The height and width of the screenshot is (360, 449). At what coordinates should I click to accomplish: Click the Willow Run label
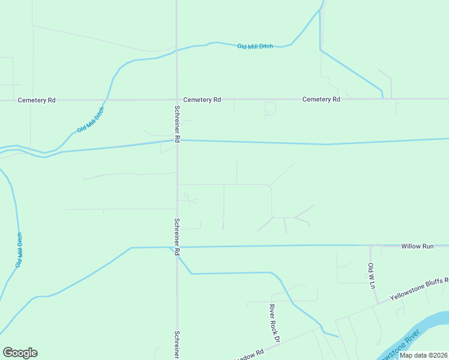pyautogui.click(x=417, y=246)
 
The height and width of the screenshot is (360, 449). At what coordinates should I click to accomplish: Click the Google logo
pyautogui.click(x=20, y=353)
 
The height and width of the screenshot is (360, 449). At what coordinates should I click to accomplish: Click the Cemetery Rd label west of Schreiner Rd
pyautogui.click(x=37, y=100)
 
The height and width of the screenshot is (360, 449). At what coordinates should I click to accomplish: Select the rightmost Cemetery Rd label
pyautogui.click(x=321, y=99)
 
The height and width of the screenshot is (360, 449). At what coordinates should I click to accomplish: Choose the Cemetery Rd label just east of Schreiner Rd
pyautogui.click(x=202, y=100)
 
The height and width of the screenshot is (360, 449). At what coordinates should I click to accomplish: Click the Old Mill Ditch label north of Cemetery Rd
pyautogui.click(x=255, y=46)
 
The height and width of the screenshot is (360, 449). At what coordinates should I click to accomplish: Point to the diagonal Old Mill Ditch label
pyautogui.click(x=90, y=121)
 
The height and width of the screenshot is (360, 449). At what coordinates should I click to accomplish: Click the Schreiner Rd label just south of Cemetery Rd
pyautogui.click(x=177, y=124)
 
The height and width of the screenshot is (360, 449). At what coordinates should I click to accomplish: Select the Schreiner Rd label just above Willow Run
pyautogui.click(x=177, y=237)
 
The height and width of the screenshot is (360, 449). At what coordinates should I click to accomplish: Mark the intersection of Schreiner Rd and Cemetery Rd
pyautogui.click(x=176, y=100)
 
